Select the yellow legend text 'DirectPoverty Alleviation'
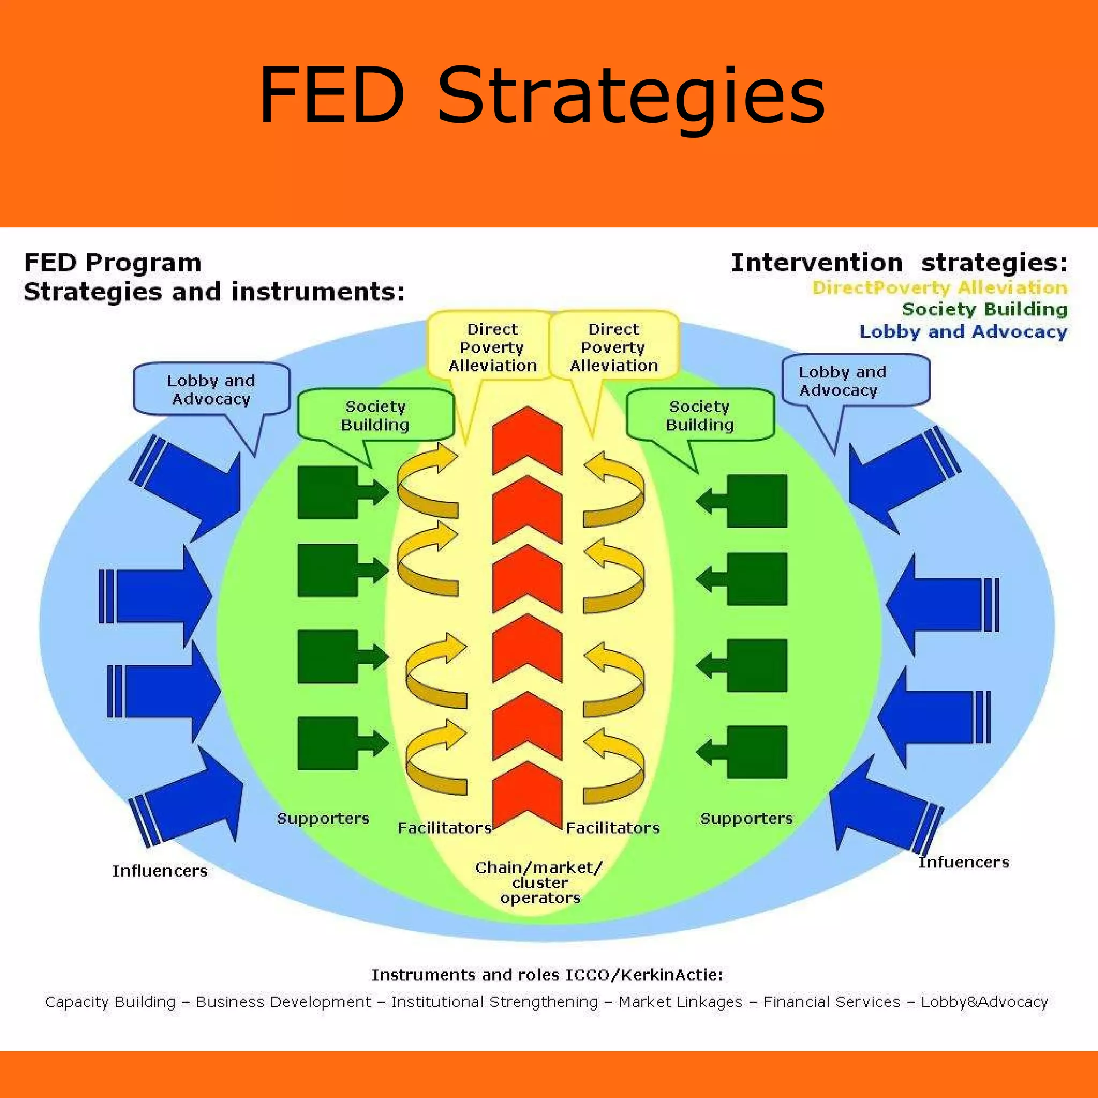tap(939, 287)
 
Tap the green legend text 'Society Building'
tap(984, 309)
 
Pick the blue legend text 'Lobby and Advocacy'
tap(963, 331)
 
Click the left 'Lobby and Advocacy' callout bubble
tap(211, 389)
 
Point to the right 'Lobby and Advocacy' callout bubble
tap(855, 381)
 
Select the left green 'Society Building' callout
tap(375, 416)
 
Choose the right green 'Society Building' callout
tap(700, 416)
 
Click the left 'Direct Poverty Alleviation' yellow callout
tap(492, 347)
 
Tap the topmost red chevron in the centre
tap(527, 441)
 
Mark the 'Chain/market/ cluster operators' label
tap(539, 882)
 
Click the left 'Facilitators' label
tap(444, 828)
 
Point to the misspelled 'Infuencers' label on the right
tap(963, 862)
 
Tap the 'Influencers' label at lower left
tap(160, 871)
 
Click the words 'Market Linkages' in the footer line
tap(680, 1002)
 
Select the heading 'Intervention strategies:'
tap(899, 263)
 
